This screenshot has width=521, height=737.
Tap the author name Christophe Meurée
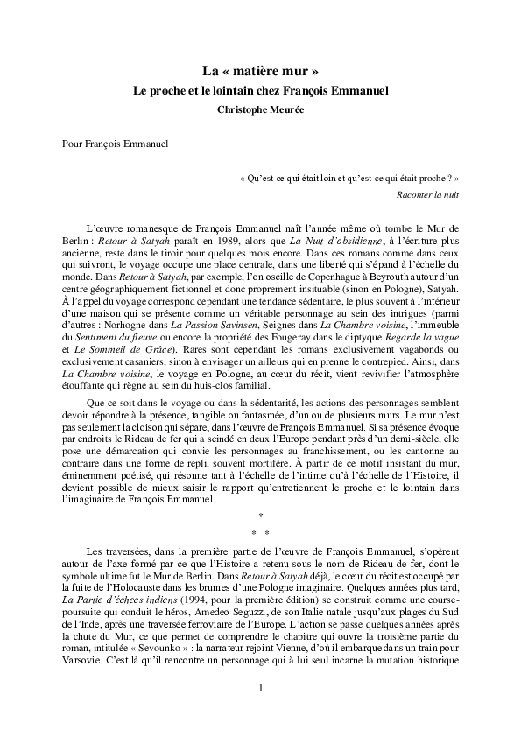[x=260, y=109]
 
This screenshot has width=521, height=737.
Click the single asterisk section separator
[x=260, y=515]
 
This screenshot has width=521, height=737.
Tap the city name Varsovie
[x=83, y=659]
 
